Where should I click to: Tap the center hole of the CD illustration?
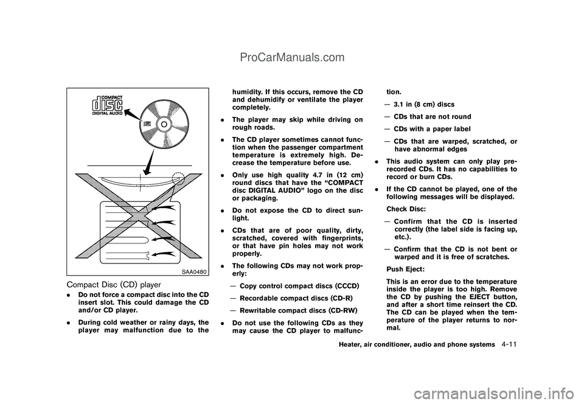click(x=163, y=124)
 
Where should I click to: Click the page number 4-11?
click(x=510, y=344)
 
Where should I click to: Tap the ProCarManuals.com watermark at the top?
click(x=291, y=58)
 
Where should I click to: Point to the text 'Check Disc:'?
click(x=406, y=209)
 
